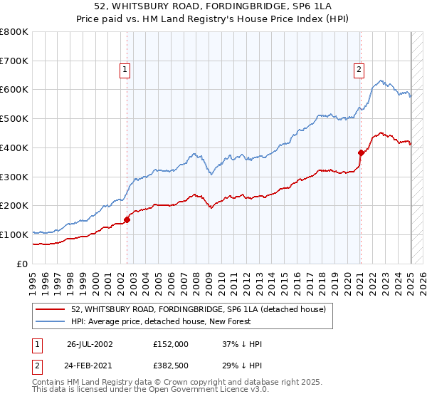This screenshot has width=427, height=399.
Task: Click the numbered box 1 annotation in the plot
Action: tap(125, 70)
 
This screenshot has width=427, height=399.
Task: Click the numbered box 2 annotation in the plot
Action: tap(358, 70)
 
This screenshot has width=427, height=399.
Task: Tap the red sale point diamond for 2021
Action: tap(361, 152)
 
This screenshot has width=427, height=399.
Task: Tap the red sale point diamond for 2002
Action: tap(127, 219)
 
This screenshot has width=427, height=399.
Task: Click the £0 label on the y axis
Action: tap(21, 264)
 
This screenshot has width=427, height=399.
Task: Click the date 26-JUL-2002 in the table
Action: tap(90, 344)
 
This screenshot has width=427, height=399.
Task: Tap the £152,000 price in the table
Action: tap(171, 344)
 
